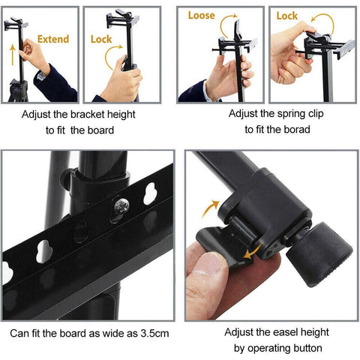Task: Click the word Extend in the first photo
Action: coord(52,39)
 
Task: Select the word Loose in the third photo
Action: coord(201,15)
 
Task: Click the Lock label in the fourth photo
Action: coord(287,15)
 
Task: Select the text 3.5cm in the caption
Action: coord(149,332)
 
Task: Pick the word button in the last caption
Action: coord(307,349)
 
